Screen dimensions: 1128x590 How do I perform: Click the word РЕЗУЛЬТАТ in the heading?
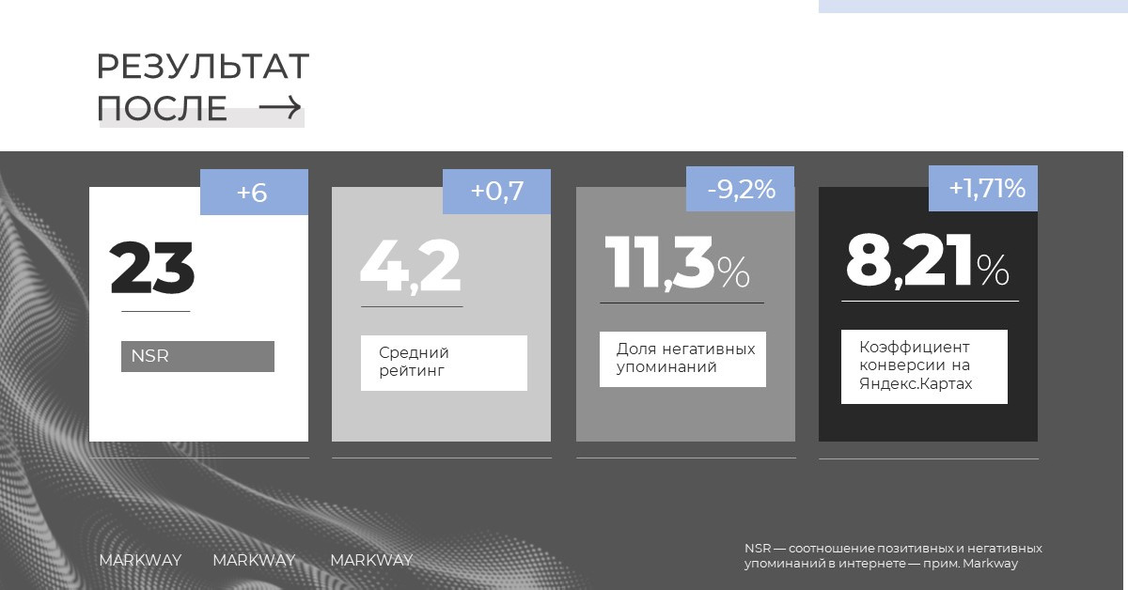click(203, 66)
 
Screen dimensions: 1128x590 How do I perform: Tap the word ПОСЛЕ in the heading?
click(162, 108)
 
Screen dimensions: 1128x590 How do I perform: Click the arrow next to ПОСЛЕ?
click(280, 107)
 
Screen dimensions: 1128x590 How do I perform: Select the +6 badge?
click(255, 193)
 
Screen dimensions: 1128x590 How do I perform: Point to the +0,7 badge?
click(496, 192)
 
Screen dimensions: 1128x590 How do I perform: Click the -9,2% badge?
click(741, 189)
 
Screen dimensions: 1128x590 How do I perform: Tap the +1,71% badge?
click(983, 188)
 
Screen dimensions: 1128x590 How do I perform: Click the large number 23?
click(152, 268)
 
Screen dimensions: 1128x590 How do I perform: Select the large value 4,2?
click(411, 265)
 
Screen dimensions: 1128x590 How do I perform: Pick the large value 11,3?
click(660, 263)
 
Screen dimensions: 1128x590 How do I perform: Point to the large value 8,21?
click(908, 260)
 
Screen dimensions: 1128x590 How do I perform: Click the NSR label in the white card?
click(149, 356)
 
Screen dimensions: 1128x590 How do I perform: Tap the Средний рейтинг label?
click(414, 362)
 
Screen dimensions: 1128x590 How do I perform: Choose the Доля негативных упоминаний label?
click(686, 357)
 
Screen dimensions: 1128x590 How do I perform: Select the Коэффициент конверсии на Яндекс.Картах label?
click(916, 365)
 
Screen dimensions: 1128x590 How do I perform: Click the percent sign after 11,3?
click(734, 272)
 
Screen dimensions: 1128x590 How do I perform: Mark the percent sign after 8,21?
click(993, 270)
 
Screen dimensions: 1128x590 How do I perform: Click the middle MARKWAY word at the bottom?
click(254, 560)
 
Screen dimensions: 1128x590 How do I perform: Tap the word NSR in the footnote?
click(758, 549)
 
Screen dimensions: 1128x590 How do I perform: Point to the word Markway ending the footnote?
click(990, 564)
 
